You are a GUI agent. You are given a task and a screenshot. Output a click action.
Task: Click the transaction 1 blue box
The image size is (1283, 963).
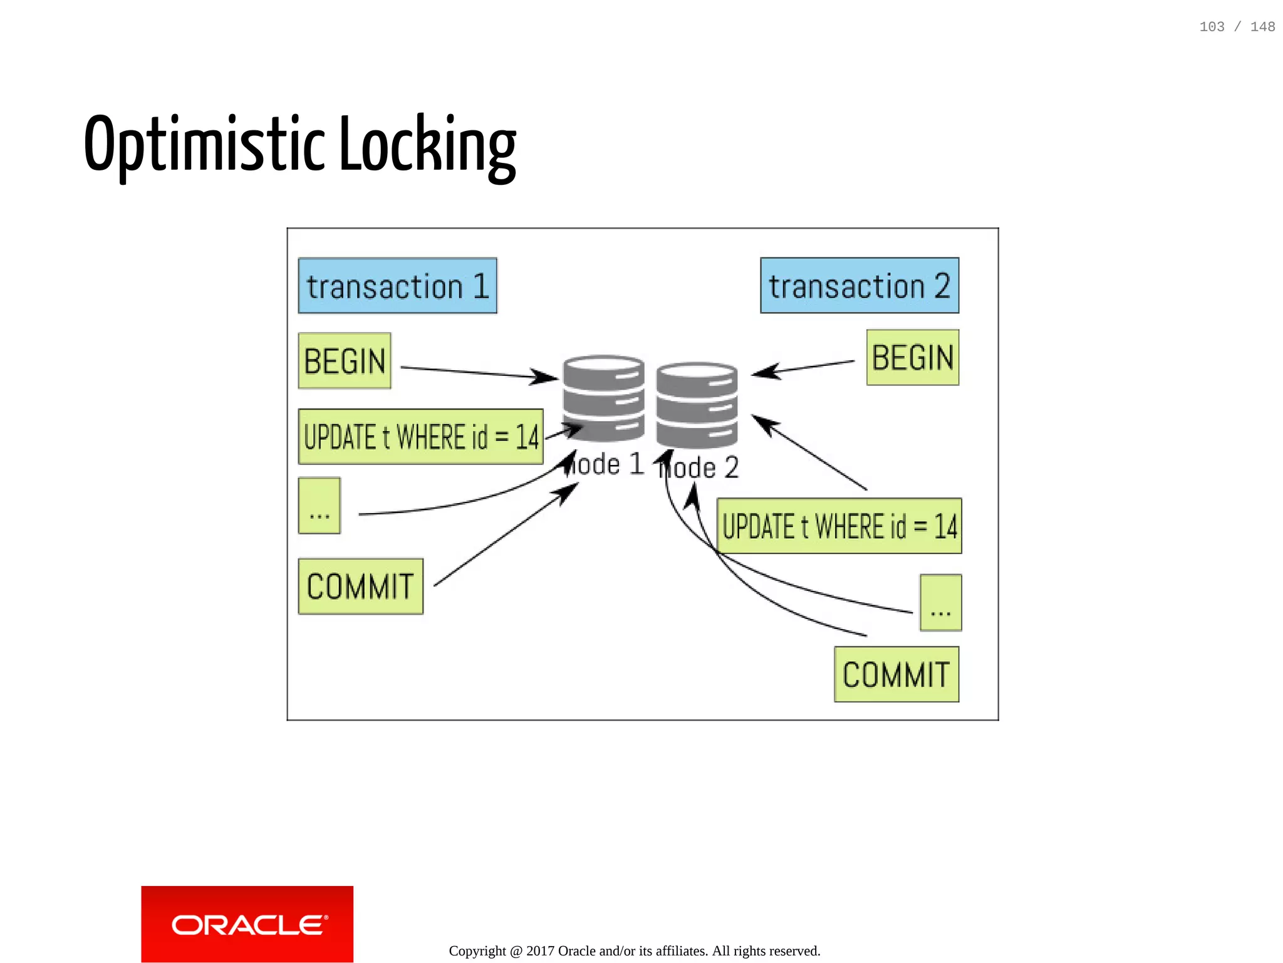click(x=397, y=286)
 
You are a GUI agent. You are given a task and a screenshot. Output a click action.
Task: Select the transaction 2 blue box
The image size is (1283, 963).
click(x=859, y=286)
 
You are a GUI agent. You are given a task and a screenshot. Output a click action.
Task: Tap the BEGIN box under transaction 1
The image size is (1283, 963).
click(x=345, y=361)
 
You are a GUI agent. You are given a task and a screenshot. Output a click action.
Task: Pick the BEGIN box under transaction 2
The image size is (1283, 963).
click(x=912, y=358)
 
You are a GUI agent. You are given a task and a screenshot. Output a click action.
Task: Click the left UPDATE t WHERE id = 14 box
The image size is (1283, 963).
click(x=420, y=437)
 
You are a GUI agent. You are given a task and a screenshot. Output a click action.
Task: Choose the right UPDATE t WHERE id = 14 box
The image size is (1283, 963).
click(x=839, y=526)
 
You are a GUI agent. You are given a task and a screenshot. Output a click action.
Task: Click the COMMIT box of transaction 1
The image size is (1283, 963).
click(x=360, y=586)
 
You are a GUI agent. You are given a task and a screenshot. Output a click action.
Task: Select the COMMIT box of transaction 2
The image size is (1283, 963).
click(x=896, y=674)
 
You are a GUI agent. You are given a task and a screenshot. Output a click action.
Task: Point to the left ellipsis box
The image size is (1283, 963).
click(x=319, y=506)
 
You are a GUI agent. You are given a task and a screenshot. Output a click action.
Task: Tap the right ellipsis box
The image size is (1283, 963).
click(x=940, y=603)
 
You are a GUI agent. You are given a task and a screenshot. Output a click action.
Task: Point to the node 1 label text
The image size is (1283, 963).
click(x=605, y=465)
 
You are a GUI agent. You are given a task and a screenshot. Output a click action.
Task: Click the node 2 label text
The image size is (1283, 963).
click(x=700, y=468)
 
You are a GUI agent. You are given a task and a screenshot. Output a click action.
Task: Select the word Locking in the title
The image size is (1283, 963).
click(x=427, y=145)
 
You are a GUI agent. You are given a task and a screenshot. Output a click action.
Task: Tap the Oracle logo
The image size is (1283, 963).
click(x=247, y=924)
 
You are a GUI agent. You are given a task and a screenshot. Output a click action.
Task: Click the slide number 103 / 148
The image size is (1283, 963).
click(x=1237, y=27)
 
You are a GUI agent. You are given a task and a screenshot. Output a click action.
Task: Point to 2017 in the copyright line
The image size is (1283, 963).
click(x=539, y=951)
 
